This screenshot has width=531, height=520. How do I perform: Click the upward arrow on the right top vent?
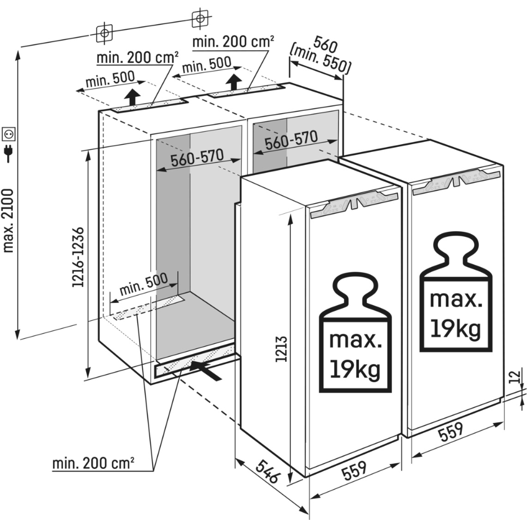click(233, 83)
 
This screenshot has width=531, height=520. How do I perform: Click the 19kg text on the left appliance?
click(355, 369)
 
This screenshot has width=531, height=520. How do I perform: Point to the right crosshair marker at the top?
click(199, 19)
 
